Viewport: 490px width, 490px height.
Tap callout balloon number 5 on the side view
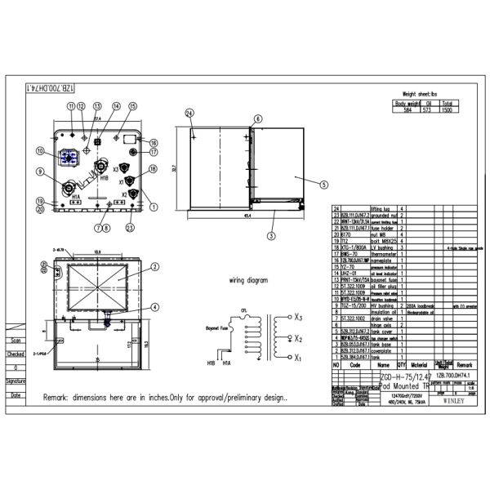[x=323, y=185]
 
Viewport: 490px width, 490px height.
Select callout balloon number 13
[x=98, y=107]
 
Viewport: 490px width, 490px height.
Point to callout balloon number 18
[x=153, y=168]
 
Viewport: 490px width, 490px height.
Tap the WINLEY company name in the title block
[x=458, y=401]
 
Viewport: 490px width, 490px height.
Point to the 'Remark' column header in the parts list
[x=465, y=365]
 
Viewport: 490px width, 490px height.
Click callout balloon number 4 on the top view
[x=155, y=307]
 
